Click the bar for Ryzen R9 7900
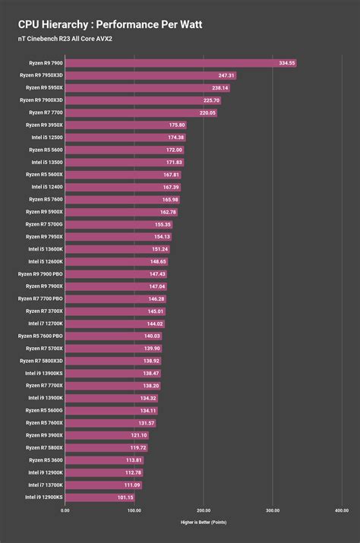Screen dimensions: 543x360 pyautogui.click(x=181, y=63)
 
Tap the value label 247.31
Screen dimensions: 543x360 pyautogui.click(x=226, y=75)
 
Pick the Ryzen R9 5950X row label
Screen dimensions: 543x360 pyautogui.click(x=41, y=87)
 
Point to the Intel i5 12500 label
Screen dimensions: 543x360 pyautogui.click(x=46, y=137)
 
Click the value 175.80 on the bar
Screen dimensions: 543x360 pyautogui.click(x=176, y=125)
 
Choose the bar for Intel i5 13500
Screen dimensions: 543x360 pyautogui.click(x=125, y=162)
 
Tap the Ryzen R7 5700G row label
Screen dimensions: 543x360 pyautogui.click(x=43, y=224)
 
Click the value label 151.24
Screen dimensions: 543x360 pyautogui.click(x=159, y=249)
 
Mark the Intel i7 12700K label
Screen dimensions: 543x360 pyautogui.click(x=45, y=324)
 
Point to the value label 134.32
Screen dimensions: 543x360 pyautogui.click(x=148, y=398)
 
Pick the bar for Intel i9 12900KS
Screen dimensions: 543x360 pyautogui.click(x=100, y=497)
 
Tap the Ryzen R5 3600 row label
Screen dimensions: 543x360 pyautogui.click(x=46, y=460)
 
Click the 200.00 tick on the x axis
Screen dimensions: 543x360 pyautogui.click(x=203, y=510)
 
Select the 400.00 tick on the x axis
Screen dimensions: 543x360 pyautogui.click(x=341, y=510)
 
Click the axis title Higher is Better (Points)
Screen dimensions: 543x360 pyautogui.click(x=203, y=522)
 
